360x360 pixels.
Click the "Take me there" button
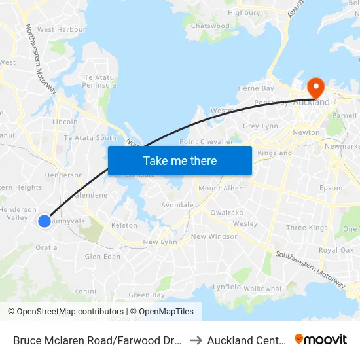(180, 160)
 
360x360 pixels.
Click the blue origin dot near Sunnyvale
(45, 221)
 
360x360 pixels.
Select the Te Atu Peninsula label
(99, 81)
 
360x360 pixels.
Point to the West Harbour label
(62, 29)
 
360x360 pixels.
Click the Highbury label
(244, 12)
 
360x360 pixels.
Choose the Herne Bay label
(256, 88)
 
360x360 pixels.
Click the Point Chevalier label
(206, 141)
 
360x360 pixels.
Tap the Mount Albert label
(221, 189)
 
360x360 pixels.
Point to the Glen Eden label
(103, 257)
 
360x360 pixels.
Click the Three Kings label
(307, 228)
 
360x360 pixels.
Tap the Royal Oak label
(336, 251)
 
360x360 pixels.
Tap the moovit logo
(321, 340)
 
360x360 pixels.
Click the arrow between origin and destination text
(196, 340)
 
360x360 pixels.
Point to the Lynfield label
(227, 287)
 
